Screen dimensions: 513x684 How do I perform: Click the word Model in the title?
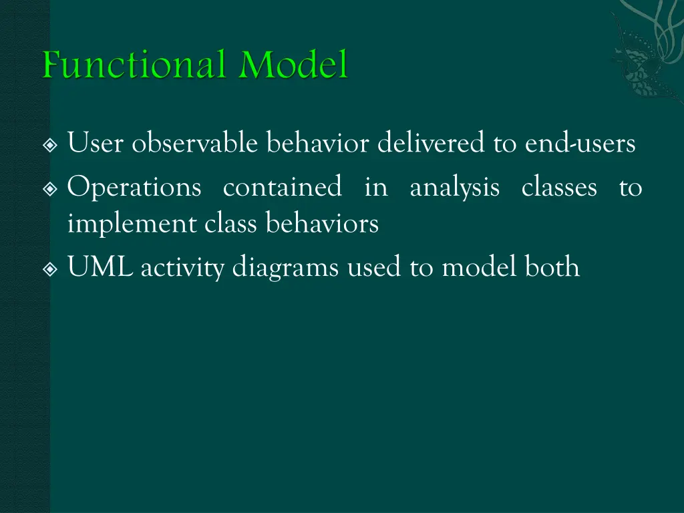[x=295, y=66]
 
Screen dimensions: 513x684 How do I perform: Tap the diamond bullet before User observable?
[x=51, y=145]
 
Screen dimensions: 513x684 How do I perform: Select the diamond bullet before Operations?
[x=51, y=190]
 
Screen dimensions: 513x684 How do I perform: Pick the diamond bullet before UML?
[x=51, y=269]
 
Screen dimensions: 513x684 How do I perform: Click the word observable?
[x=196, y=144]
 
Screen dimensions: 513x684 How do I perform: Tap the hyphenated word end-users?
[x=580, y=144]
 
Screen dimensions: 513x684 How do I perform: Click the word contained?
[x=283, y=188]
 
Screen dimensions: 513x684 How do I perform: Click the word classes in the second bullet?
[x=559, y=188]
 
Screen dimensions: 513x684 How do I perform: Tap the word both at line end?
[x=552, y=267]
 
